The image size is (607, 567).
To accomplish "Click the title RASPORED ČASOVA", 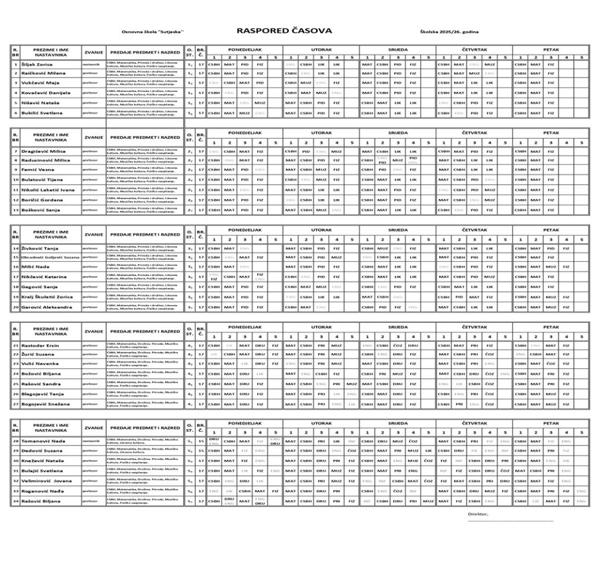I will pyautogui.click(x=284, y=31).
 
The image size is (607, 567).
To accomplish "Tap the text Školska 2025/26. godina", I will pyautogui.click(x=449, y=31).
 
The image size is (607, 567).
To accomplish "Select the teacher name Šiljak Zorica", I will pyautogui.click(x=37, y=65).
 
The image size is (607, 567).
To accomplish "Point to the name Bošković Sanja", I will pyautogui.click(x=40, y=210).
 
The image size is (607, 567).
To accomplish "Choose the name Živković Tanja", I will pyautogui.click(x=40, y=248).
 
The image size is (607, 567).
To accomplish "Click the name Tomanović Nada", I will pyautogui.click(x=43, y=441).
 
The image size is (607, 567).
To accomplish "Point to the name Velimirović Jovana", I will pyautogui.click(x=47, y=480).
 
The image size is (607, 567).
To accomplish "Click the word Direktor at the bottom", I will pyautogui.click(x=478, y=514).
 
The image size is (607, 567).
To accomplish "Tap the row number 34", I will pyautogui.click(x=15, y=501).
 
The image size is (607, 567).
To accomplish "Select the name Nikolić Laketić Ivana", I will pyautogui.click(x=48, y=190).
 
